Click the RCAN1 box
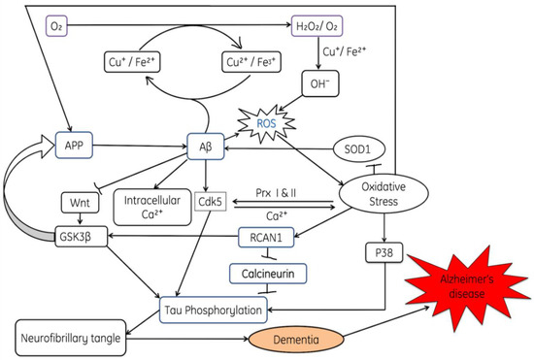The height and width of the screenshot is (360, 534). click(266, 236)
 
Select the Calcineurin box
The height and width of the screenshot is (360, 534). click(265, 275)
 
